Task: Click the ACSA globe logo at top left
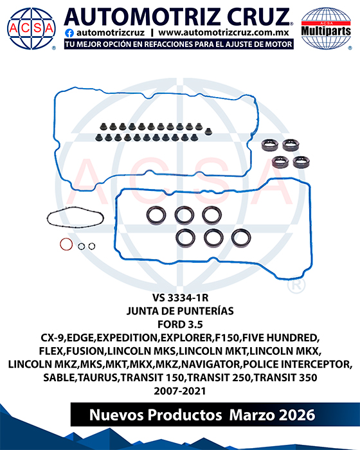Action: [x=32, y=28]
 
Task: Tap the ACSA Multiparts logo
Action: [x=326, y=28]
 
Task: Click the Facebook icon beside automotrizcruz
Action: [x=69, y=33]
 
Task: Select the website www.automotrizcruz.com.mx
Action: [x=223, y=33]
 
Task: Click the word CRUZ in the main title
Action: [x=258, y=17]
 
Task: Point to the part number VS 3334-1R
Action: [x=180, y=298]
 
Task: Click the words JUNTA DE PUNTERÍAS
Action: [x=180, y=310]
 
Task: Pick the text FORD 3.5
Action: [x=180, y=324]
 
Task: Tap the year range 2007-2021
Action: [x=180, y=391]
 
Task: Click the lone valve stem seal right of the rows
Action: [x=208, y=132]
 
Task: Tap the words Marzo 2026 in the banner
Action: [x=272, y=415]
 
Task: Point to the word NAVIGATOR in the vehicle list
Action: [x=212, y=364]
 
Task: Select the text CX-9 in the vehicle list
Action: [x=52, y=337]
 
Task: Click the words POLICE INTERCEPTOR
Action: [x=297, y=364]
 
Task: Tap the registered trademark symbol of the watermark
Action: [x=296, y=285]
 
